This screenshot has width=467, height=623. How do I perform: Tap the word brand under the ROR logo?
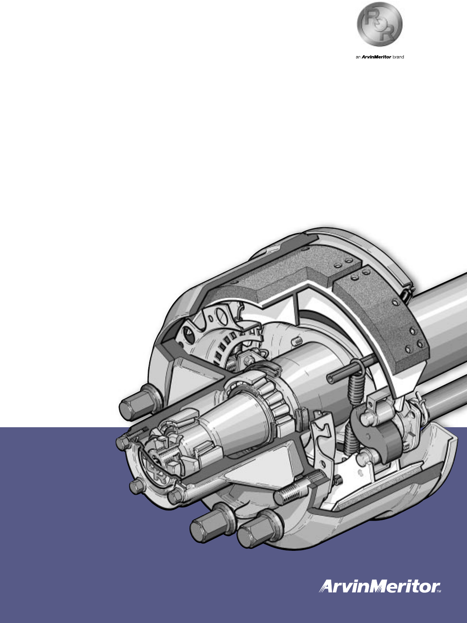click(x=398, y=57)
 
